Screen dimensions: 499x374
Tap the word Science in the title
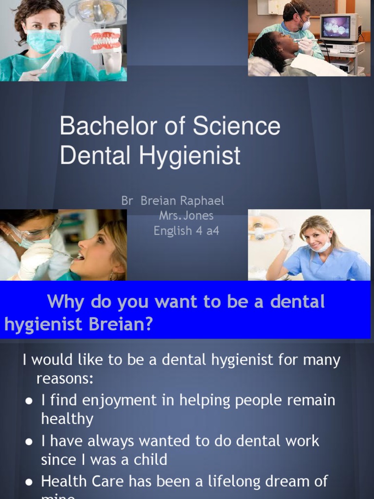pos(237,127)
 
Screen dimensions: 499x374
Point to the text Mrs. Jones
pos(186,216)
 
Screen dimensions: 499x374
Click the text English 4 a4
pos(187,231)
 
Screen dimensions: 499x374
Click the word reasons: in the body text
pos(64,379)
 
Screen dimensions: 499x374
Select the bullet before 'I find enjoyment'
pos(29,401)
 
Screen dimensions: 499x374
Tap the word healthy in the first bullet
pos(67,419)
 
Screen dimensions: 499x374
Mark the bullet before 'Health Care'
pos(29,482)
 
